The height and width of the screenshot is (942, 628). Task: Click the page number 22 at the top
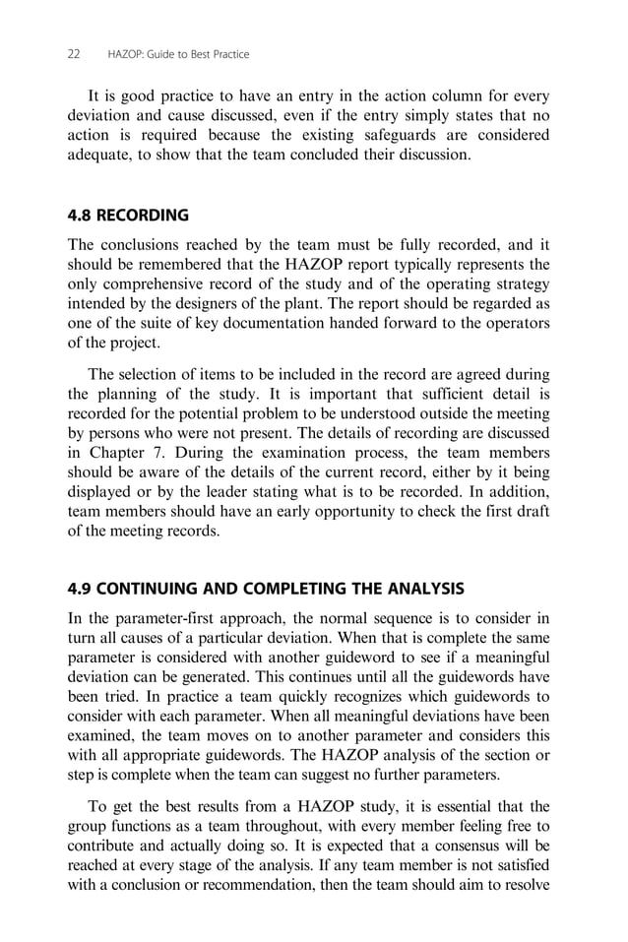click(74, 54)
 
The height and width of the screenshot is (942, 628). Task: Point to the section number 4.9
click(80, 590)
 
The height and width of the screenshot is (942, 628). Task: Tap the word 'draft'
click(532, 512)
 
